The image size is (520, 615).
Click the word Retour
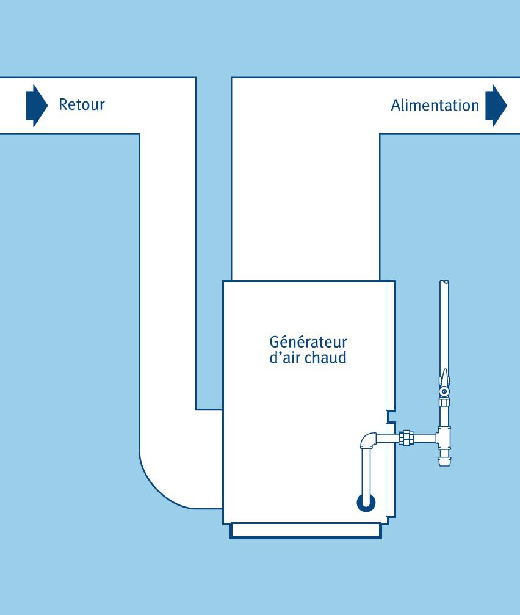point(81,104)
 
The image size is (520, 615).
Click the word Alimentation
point(435,105)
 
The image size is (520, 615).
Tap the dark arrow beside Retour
point(36,105)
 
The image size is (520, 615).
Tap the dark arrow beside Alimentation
point(496,105)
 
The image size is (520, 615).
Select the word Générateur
point(308,342)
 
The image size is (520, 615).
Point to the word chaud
point(326,357)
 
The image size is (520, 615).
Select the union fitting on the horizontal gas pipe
point(406,437)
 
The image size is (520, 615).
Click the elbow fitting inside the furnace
point(368,440)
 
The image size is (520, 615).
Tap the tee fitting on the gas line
point(444,437)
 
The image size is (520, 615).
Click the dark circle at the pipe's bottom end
point(366,503)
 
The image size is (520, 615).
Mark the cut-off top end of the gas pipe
point(445,284)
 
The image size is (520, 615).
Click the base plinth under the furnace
point(305,531)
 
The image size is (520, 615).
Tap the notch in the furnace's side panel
point(389,415)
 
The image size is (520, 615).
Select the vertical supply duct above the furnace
point(305,202)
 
